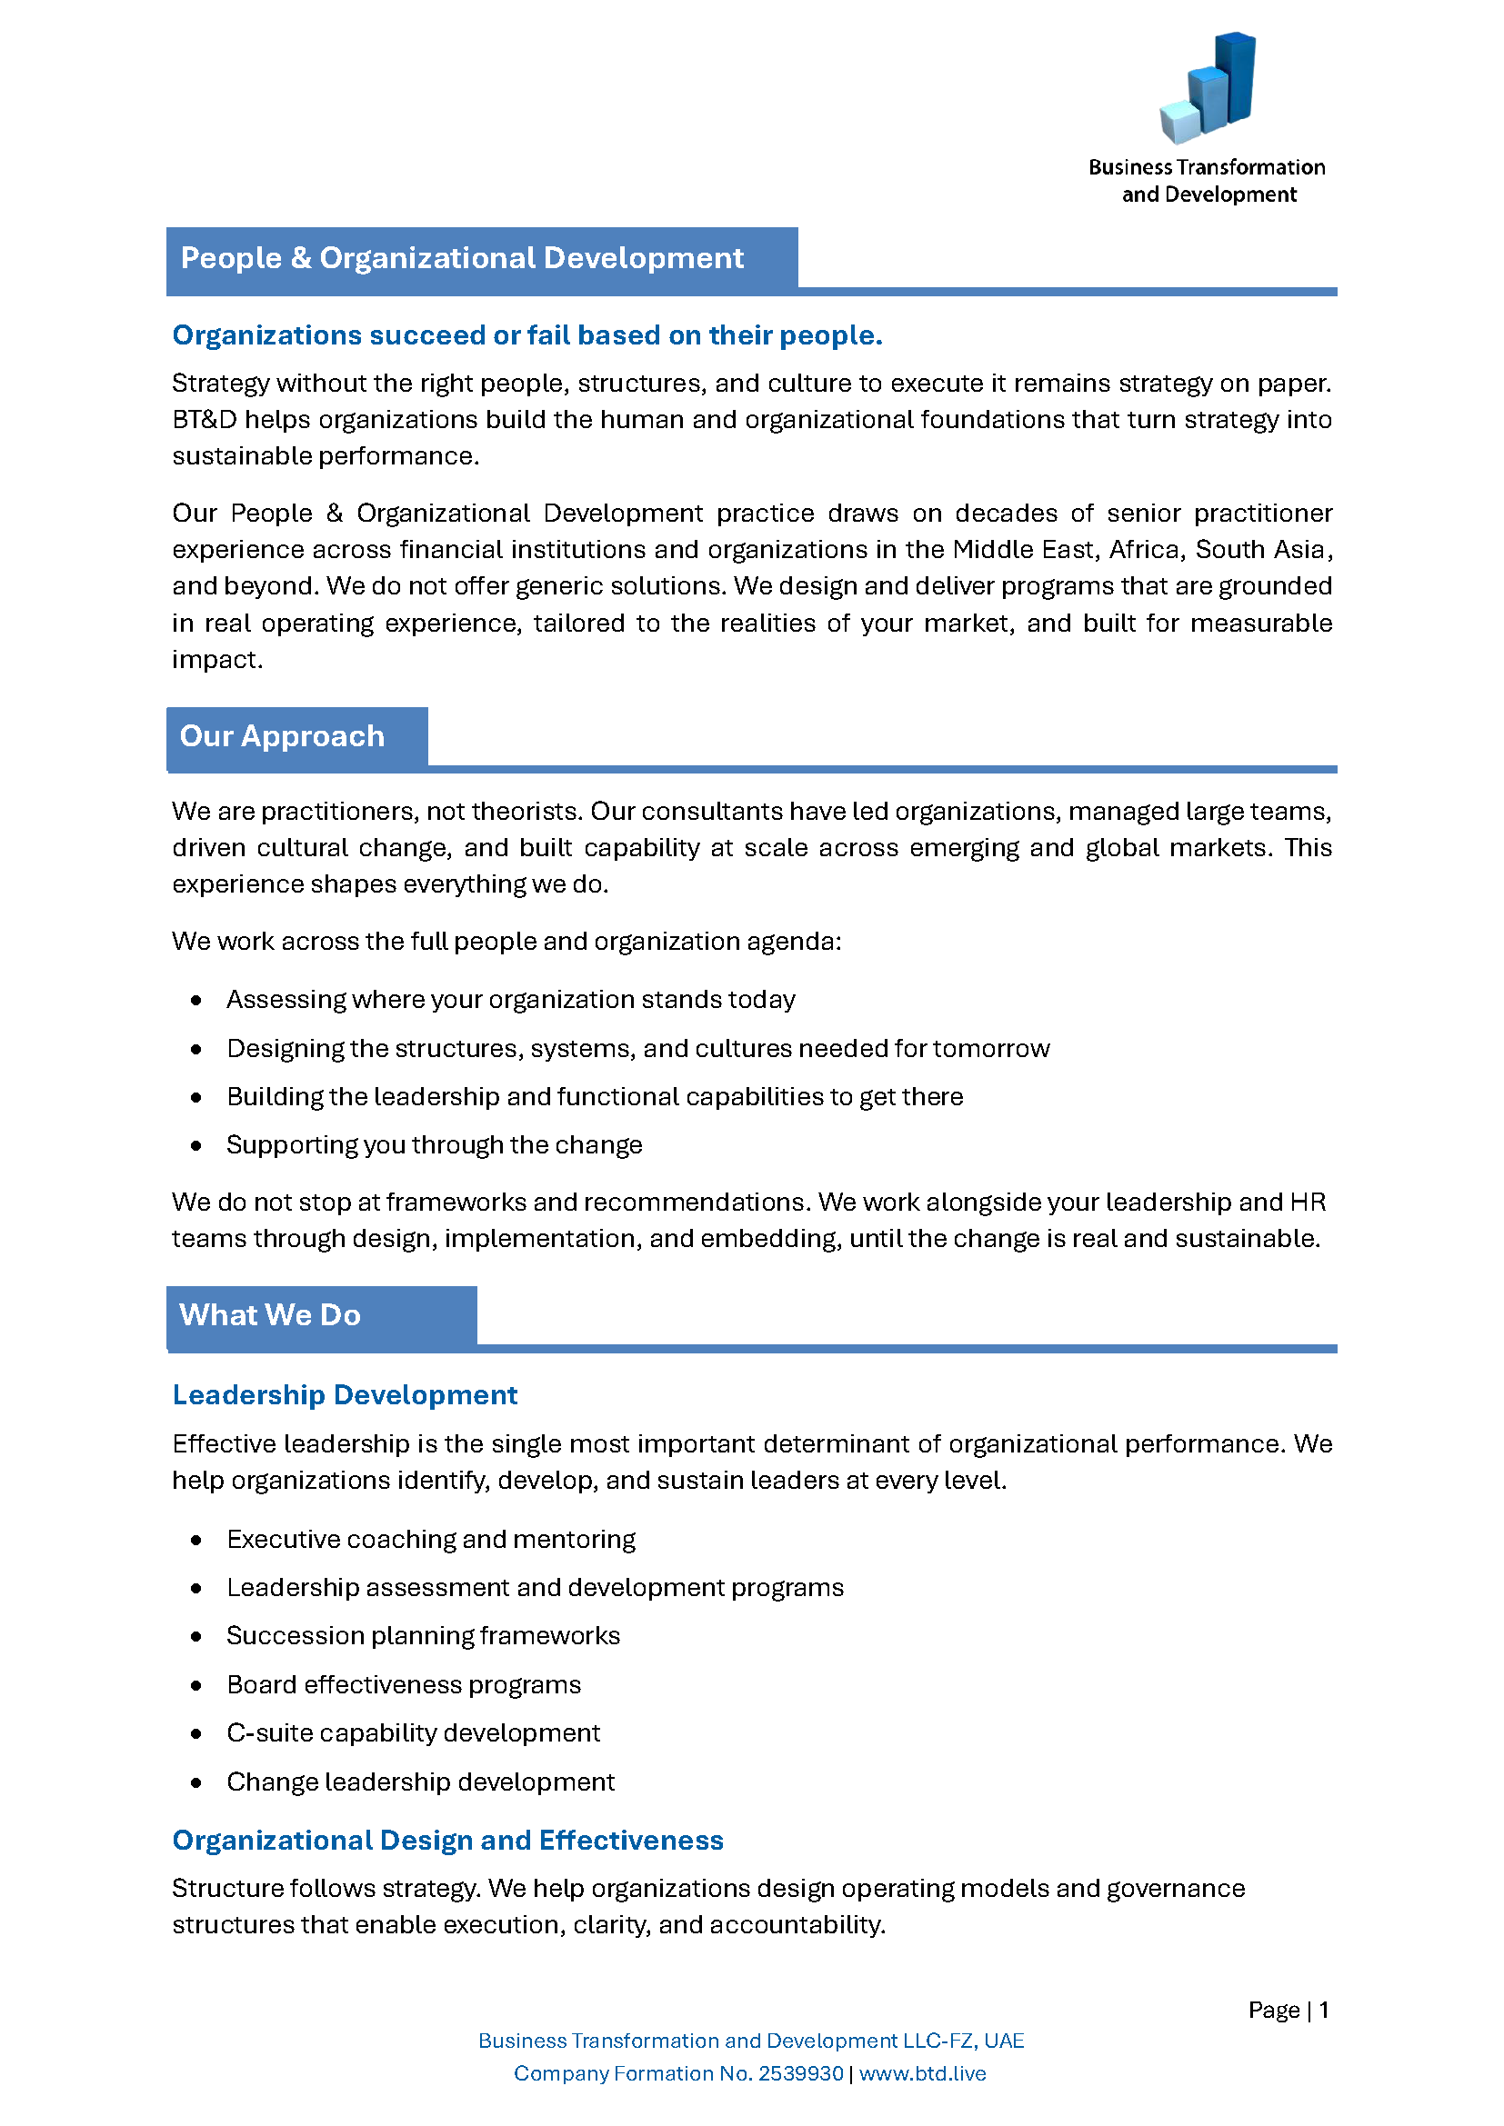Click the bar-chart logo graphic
tap(1207, 88)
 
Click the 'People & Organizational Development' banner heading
tap(461, 258)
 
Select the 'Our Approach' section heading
tap(282, 736)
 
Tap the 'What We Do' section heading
tap(269, 1315)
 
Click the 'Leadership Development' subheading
tap(345, 1394)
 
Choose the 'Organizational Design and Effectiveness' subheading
tap(447, 1840)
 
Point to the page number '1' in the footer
tap(1324, 2010)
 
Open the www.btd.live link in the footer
tap(922, 2073)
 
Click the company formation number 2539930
tap(800, 2073)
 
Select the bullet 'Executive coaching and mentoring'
tap(431, 1539)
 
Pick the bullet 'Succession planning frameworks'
tap(423, 1635)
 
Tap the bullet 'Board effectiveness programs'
tap(404, 1684)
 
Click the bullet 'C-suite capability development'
tap(413, 1732)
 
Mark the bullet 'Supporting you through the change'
tap(435, 1144)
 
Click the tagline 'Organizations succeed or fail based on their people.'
tap(527, 335)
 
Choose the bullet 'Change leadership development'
tap(420, 1782)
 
